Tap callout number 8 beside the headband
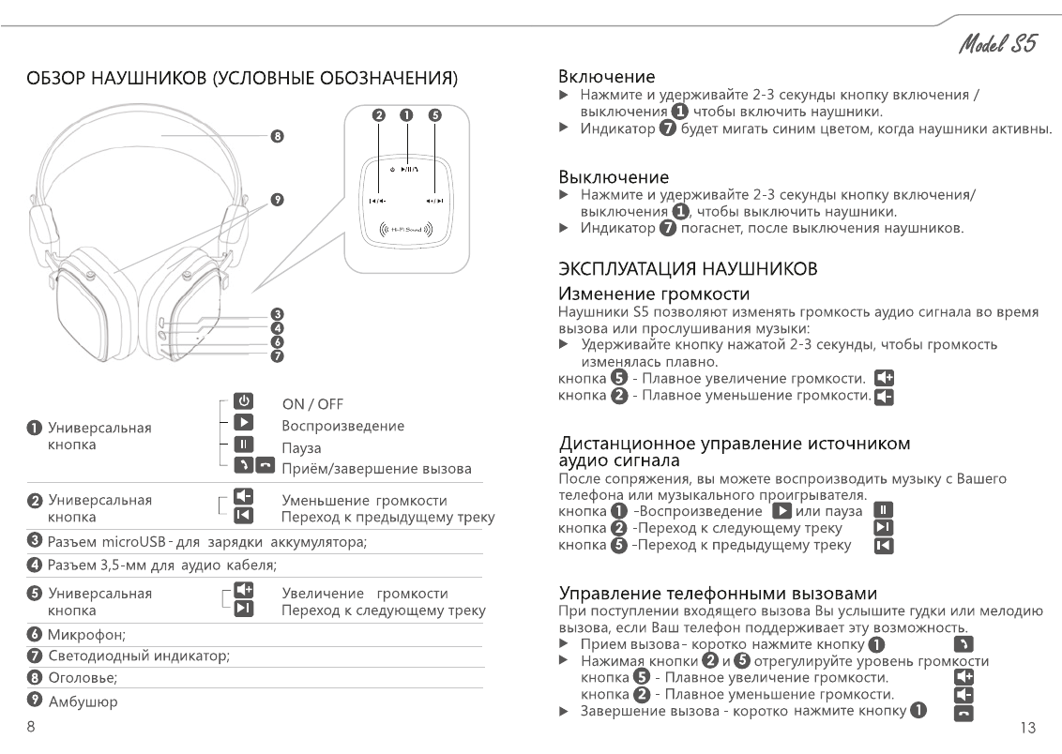277,137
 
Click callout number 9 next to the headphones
277,199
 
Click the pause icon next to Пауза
243,446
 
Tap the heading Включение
606,76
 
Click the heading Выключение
614,176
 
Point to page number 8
31,727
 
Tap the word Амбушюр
83,701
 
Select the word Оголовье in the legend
83,678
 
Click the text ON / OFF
312,404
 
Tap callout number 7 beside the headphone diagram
277,356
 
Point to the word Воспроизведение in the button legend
343,426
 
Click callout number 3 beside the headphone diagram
277,314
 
